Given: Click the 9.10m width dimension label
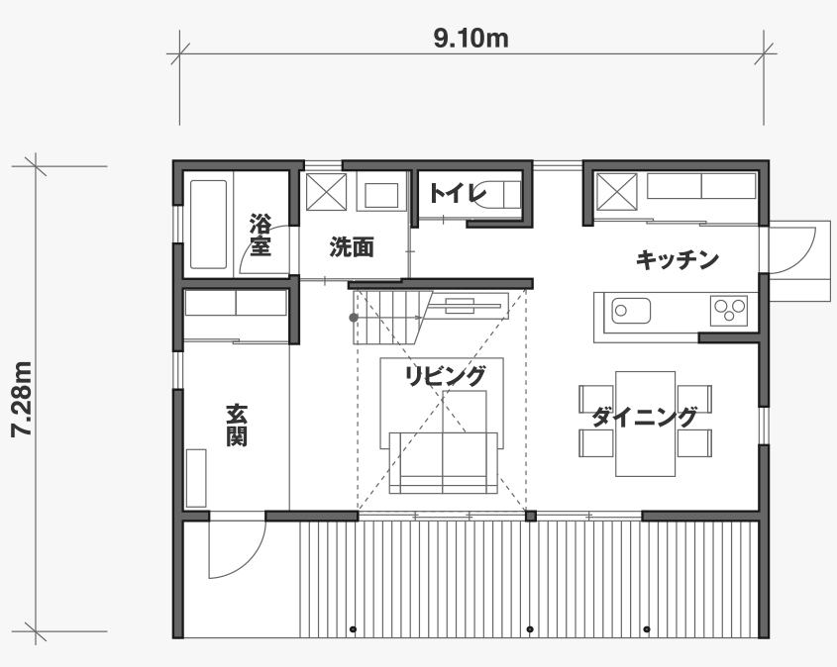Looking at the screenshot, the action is click(x=471, y=39).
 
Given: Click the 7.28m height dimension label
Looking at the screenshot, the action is click(x=23, y=400).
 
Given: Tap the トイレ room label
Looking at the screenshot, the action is click(x=459, y=194).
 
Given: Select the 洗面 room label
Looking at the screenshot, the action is click(x=352, y=247).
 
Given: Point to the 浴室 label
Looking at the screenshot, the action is click(x=260, y=236).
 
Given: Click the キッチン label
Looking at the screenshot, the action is click(x=678, y=260).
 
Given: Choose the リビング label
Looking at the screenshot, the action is click(x=446, y=376).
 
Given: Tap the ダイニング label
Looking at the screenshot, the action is click(x=644, y=417).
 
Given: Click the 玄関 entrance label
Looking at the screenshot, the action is click(x=236, y=425).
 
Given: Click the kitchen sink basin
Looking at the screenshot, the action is click(x=631, y=311).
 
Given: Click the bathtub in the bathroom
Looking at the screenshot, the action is click(x=208, y=225).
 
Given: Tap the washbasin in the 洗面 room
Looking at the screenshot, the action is click(x=381, y=195).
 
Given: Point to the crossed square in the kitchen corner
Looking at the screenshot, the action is click(x=616, y=192).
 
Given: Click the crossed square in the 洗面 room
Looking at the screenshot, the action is click(x=326, y=192).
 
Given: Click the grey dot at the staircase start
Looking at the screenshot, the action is click(x=354, y=318).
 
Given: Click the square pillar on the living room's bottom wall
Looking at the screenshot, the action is click(x=531, y=517).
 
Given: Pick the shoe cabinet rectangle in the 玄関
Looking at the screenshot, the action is click(x=196, y=478).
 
